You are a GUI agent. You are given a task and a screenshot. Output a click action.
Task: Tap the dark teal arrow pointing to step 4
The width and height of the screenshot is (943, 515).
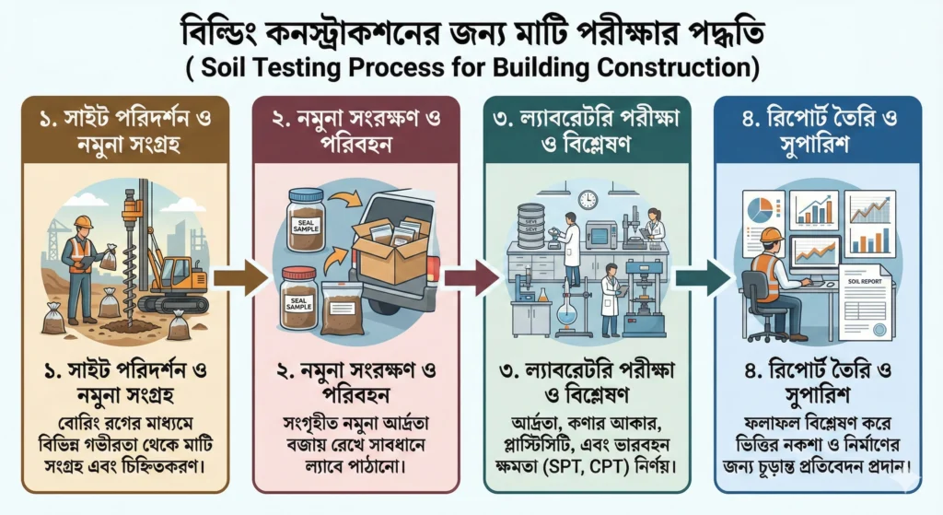(703, 277)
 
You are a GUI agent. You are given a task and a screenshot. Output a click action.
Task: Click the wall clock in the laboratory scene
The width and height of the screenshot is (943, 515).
(588, 199)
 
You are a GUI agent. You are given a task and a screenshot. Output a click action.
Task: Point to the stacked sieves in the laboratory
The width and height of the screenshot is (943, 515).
(531, 225)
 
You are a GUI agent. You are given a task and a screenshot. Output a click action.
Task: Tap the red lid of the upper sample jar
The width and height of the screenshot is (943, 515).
(306, 195)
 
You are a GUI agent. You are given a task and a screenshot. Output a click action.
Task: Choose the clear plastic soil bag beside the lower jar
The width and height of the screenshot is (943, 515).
(342, 308)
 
